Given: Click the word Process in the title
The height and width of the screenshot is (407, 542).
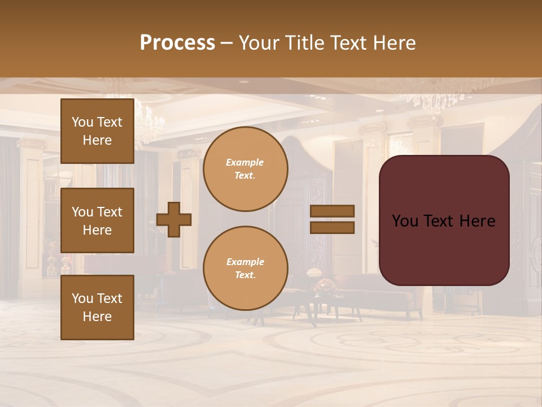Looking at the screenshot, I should pos(177,43).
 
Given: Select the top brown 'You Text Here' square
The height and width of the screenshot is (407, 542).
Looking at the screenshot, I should pos(97,131).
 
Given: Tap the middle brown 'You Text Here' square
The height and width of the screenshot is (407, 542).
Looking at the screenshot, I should pos(97,220).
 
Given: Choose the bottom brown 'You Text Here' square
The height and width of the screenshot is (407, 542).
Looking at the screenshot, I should pos(97,307).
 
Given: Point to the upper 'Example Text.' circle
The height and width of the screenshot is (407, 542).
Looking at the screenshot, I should pos(246,169).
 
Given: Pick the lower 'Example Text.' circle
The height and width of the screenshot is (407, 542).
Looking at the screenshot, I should pos(246,269).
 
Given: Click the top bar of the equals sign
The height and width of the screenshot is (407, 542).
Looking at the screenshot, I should pos(332,211).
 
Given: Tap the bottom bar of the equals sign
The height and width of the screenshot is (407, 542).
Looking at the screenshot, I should pos(332,228).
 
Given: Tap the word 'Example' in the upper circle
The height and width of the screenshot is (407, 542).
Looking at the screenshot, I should pos(245,162).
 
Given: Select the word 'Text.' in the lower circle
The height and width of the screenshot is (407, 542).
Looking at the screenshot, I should pos(246,275).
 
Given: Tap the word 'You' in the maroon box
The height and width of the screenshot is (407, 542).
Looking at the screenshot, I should pos(405,221).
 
